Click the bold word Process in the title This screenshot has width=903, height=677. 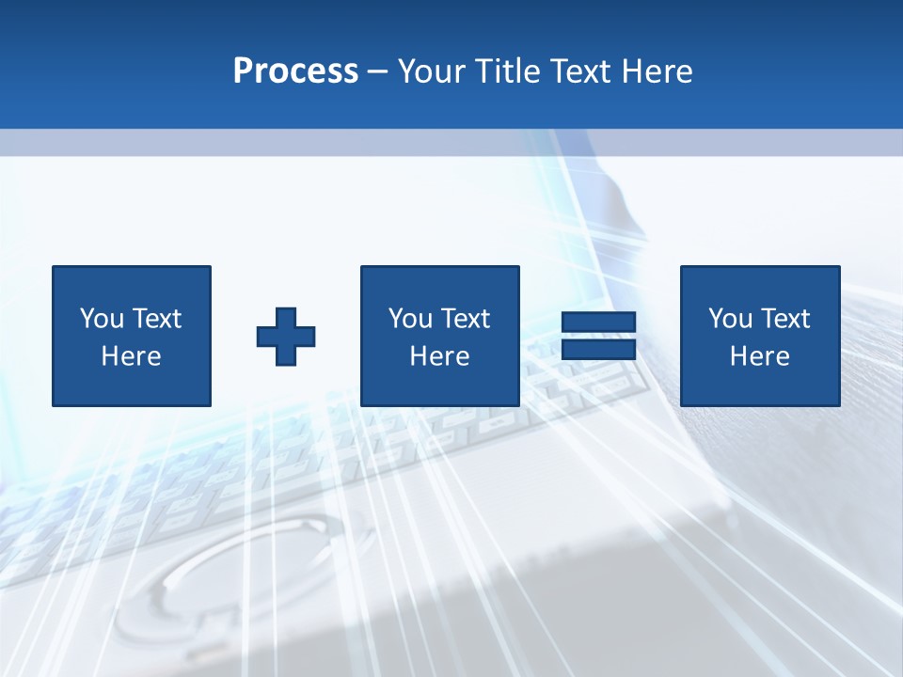pyautogui.click(x=295, y=71)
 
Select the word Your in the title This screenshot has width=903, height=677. pyautogui.click(x=434, y=71)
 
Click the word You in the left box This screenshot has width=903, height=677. pyautogui.click(x=102, y=319)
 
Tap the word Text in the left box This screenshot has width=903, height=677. pyautogui.click(x=156, y=319)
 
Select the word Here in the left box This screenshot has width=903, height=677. pyautogui.click(x=131, y=356)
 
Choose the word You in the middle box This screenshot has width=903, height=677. pyautogui.click(x=410, y=319)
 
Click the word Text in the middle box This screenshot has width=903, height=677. pyautogui.click(x=465, y=319)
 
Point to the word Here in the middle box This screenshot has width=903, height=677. pyautogui.click(x=439, y=356)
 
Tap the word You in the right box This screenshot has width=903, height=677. pyautogui.click(x=730, y=319)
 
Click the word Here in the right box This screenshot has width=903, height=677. pyautogui.click(x=759, y=356)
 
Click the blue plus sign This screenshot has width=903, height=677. pyautogui.click(x=286, y=337)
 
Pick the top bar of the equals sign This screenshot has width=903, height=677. pyautogui.click(x=598, y=323)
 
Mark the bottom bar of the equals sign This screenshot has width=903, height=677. pyautogui.click(x=598, y=350)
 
